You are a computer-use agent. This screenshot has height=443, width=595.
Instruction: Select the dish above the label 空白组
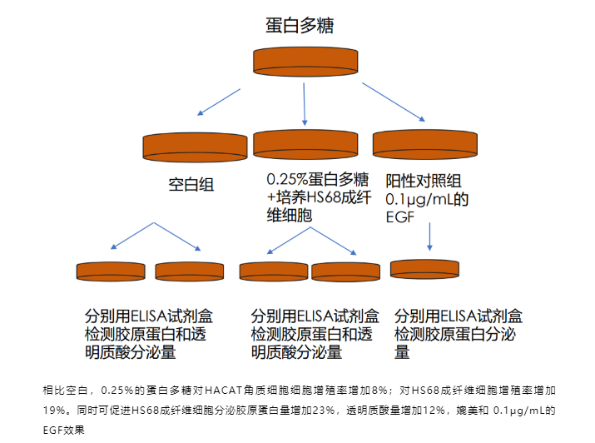(x=195, y=144)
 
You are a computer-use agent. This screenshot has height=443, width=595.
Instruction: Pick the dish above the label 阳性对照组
(x=424, y=142)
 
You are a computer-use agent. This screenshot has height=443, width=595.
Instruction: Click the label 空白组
(x=191, y=184)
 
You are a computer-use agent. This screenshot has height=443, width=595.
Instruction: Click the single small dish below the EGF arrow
(x=424, y=269)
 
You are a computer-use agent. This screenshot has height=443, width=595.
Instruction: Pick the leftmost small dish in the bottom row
(x=111, y=271)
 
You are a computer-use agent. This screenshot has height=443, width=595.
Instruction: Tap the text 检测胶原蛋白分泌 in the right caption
(x=458, y=334)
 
